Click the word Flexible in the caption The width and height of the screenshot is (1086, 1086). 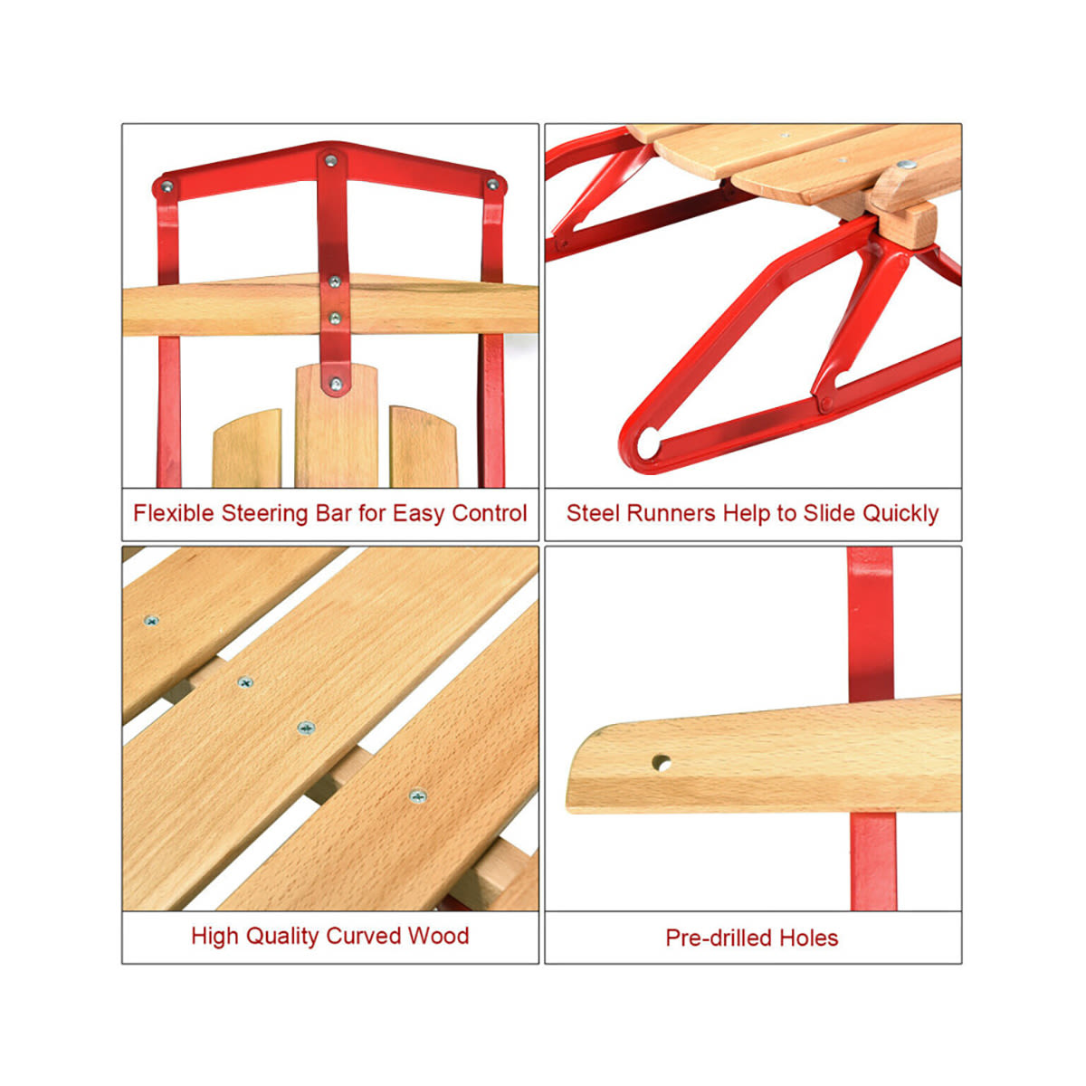[x=174, y=513]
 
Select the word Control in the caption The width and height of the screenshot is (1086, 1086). [x=490, y=513]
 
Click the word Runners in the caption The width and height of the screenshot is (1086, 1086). [x=670, y=513]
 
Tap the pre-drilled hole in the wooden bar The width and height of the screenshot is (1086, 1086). [x=661, y=764]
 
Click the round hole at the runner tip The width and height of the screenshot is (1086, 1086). [x=648, y=443]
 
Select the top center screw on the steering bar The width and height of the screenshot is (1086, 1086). [x=331, y=160]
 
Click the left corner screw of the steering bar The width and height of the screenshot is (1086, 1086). [x=167, y=186]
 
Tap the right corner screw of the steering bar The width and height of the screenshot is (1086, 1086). [x=492, y=184]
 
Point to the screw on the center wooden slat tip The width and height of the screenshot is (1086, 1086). [x=336, y=385]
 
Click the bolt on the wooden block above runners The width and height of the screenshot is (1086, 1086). [x=906, y=165]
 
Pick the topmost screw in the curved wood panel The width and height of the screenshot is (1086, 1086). [x=151, y=621]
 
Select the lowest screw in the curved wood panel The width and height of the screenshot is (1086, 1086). [x=417, y=796]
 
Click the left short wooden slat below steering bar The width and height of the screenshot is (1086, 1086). [x=247, y=448]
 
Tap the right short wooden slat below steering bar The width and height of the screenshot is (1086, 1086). [x=424, y=446]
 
